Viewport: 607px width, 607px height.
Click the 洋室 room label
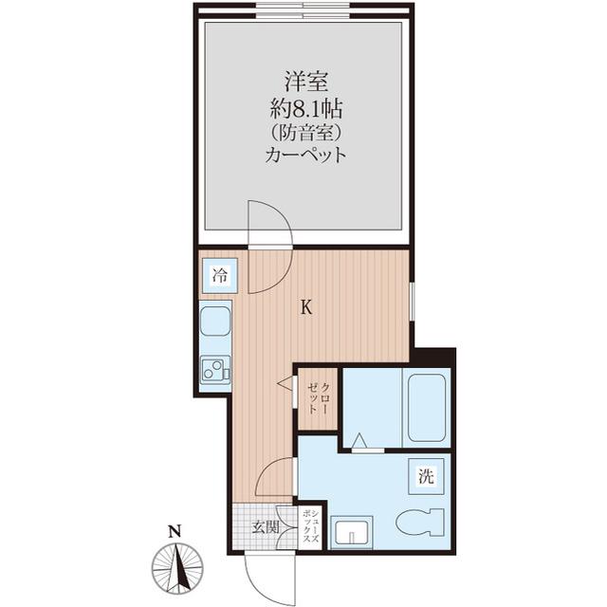point(306,82)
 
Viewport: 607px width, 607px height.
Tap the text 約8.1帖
point(305,108)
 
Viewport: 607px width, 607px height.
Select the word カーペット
point(305,155)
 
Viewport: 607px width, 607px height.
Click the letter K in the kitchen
point(306,307)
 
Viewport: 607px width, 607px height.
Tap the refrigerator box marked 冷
point(219,275)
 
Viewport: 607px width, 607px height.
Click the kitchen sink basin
point(215,321)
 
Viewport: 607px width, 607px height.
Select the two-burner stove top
point(215,369)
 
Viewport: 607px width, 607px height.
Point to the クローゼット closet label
point(319,398)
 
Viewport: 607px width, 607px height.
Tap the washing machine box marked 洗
point(426,476)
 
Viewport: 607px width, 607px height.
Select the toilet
point(419,522)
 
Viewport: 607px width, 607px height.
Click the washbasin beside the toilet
point(352,532)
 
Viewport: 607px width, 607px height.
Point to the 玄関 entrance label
point(266,527)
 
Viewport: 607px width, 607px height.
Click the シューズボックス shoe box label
point(310,526)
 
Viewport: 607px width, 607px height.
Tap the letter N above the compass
point(175,531)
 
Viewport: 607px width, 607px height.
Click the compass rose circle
point(177,568)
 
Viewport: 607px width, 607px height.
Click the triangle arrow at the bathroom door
point(360,440)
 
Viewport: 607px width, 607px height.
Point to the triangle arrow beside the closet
point(285,383)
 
